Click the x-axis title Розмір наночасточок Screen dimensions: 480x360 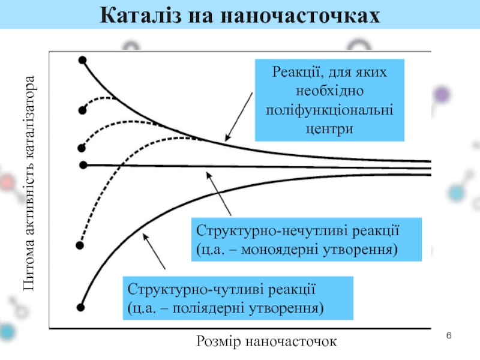pyautogui.click(x=266, y=341)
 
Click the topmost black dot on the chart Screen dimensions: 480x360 pyautogui.click(x=82, y=59)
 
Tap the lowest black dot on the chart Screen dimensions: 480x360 pyautogui.click(x=80, y=307)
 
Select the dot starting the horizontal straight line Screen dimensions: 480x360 pyautogui.click(x=83, y=164)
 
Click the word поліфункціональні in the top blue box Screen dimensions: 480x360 pyautogui.click(x=329, y=110)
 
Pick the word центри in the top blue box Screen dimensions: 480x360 pyautogui.click(x=329, y=128)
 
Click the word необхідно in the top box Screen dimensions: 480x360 pyautogui.click(x=329, y=92)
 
